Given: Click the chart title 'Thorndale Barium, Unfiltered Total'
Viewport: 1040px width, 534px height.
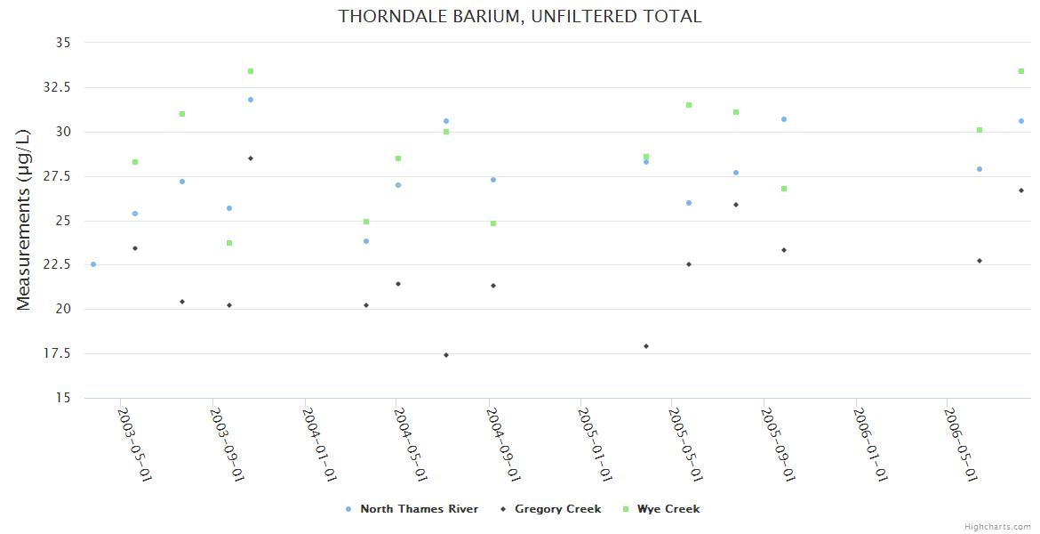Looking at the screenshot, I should point(520,16).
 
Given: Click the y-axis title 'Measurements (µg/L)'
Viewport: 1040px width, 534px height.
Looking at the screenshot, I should point(24,219).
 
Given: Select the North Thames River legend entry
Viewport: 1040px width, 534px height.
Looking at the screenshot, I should point(418,509).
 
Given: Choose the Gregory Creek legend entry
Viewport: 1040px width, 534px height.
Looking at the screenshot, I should point(556,509).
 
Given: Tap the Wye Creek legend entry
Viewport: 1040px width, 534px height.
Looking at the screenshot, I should point(667,509).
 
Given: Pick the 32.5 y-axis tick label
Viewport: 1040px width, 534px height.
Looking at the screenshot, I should point(59,87).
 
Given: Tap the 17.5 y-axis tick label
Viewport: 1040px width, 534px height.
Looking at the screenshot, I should point(59,353).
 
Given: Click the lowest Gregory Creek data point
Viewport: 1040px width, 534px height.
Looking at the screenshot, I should point(446,355).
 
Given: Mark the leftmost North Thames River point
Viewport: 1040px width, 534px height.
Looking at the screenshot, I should point(93,264).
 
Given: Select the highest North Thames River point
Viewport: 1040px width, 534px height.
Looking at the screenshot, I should point(251,100).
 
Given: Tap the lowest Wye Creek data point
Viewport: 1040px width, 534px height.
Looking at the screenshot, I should point(229,243).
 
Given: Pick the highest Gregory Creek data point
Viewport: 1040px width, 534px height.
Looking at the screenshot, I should point(251,158).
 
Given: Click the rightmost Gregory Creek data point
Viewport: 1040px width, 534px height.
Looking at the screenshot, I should point(1021,190).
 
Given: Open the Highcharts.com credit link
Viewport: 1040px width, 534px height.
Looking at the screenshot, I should point(997,526).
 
